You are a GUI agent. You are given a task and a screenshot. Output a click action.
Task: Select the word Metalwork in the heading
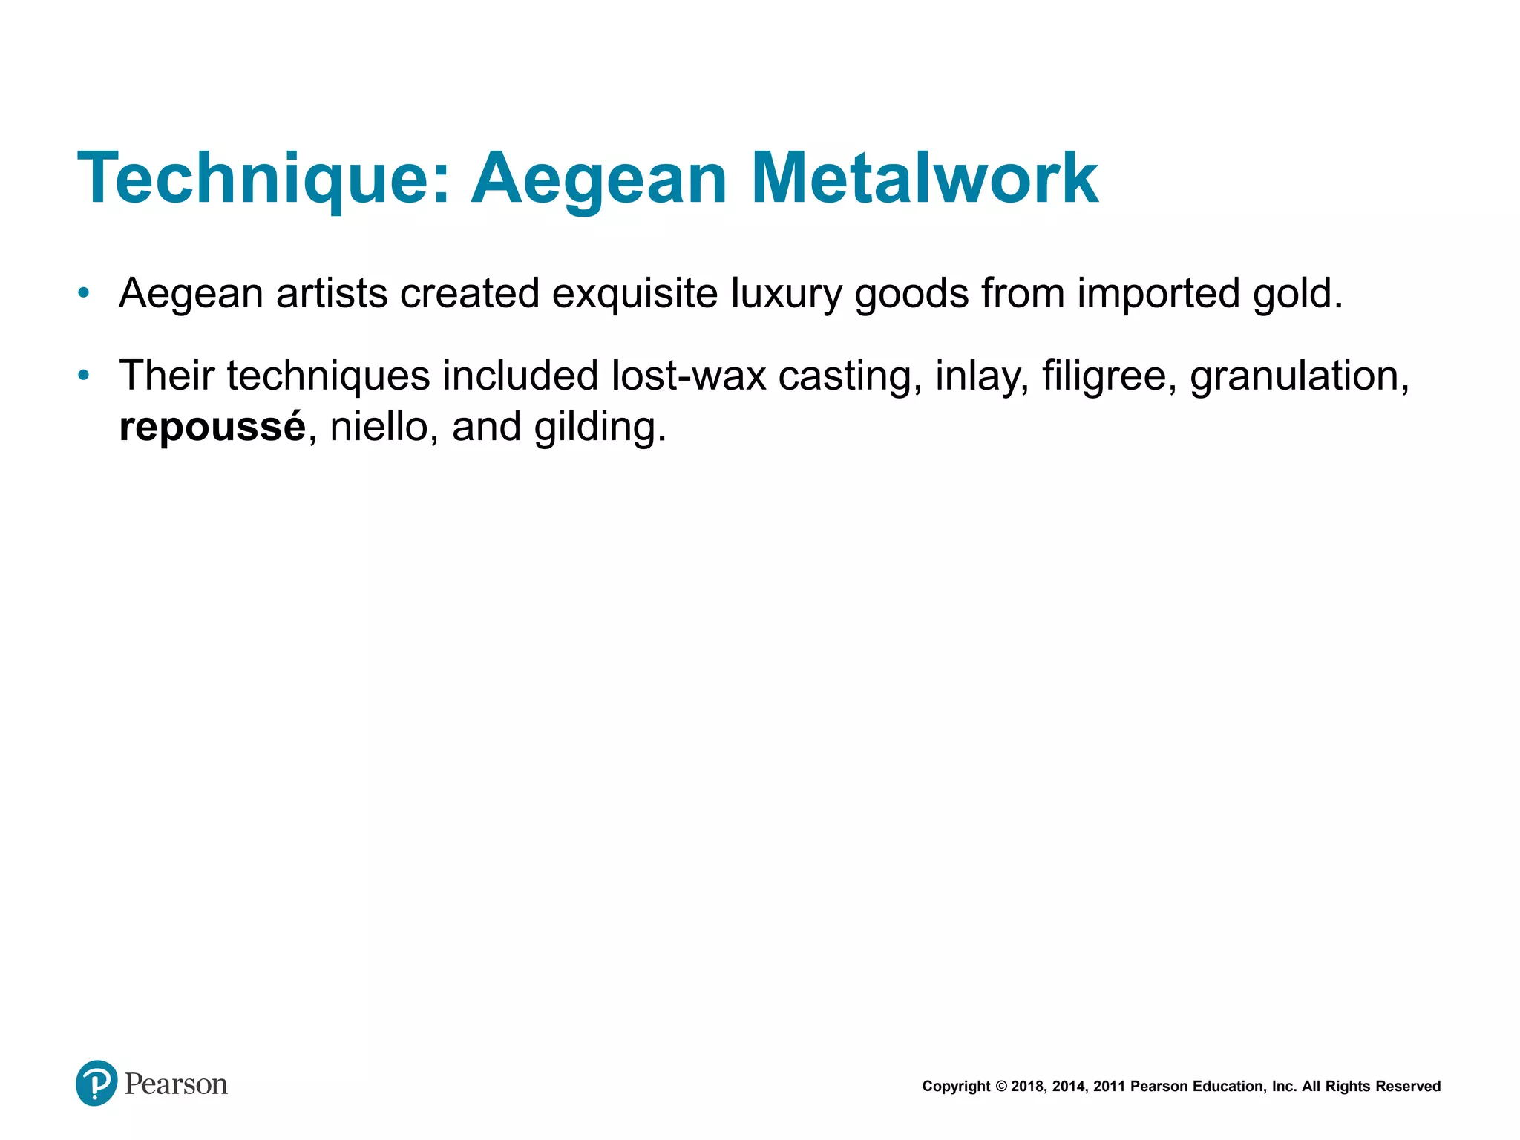[x=924, y=179]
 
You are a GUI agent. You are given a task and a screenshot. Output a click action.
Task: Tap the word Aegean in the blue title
[x=599, y=179]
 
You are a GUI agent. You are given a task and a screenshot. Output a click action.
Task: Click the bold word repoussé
[x=212, y=427]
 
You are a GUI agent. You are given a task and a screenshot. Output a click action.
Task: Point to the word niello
[x=379, y=427]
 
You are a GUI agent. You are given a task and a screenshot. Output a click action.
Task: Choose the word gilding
[x=600, y=427]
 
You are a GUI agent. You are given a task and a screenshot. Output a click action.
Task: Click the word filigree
[x=1109, y=376]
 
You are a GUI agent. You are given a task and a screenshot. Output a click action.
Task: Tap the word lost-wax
[x=688, y=376]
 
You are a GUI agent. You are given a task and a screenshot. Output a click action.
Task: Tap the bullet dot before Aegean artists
[x=84, y=293]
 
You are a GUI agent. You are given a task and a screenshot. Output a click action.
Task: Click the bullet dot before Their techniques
[x=84, y=376]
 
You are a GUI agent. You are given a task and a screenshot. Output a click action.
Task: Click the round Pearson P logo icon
[x=96, y=1083]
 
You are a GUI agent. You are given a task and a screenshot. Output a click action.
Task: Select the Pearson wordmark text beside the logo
[x=176, y=1084]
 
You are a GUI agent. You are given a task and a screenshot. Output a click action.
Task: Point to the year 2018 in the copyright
[x=1027, y=1087]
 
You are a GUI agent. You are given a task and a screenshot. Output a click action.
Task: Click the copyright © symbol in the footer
[x=1000, y=1087]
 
